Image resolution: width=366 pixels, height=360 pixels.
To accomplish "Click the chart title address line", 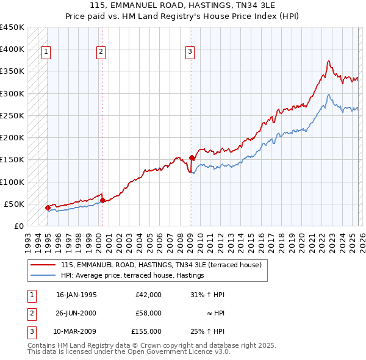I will click(183, 5).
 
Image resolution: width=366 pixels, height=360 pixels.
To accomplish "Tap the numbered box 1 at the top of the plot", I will click(46, 52).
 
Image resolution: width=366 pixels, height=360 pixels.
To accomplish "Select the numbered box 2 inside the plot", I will click(101, 52).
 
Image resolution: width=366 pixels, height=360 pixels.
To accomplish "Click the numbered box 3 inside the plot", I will click(190, 52).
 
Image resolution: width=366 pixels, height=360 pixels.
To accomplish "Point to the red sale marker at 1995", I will click(48, 207).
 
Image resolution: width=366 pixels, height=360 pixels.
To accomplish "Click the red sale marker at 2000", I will click(102, 200).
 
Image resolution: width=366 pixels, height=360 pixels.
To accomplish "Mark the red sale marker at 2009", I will click(192, 157).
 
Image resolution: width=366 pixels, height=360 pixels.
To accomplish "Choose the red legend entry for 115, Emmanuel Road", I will click(161, 265).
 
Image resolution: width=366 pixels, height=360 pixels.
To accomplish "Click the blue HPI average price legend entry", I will click(132, 276).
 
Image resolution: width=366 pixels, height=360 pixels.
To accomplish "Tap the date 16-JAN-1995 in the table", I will click(76, 295).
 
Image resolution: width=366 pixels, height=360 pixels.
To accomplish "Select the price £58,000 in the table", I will click(148, 313).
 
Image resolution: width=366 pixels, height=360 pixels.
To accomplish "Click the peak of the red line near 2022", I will click(329, 61).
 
